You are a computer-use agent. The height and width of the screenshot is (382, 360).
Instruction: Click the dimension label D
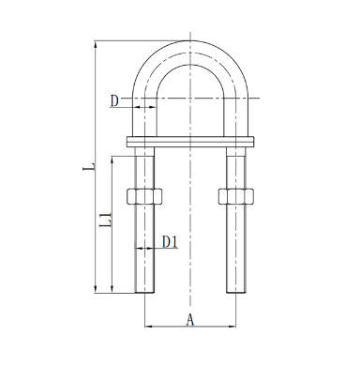point(114,101)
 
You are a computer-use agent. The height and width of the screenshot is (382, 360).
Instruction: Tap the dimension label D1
point(170,241)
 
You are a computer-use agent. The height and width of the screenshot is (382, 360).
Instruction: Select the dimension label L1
point(105,220)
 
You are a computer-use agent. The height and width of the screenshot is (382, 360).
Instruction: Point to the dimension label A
point(190,320)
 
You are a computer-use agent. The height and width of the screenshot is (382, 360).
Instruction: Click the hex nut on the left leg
point(144,196)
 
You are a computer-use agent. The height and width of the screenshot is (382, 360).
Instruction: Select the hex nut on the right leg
point(236,196)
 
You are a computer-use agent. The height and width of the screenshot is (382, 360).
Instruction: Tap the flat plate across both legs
point(190,142)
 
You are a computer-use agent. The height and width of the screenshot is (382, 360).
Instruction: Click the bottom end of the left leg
point(144,293)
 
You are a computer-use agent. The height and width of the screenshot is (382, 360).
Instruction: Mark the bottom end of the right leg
point(236,293)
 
